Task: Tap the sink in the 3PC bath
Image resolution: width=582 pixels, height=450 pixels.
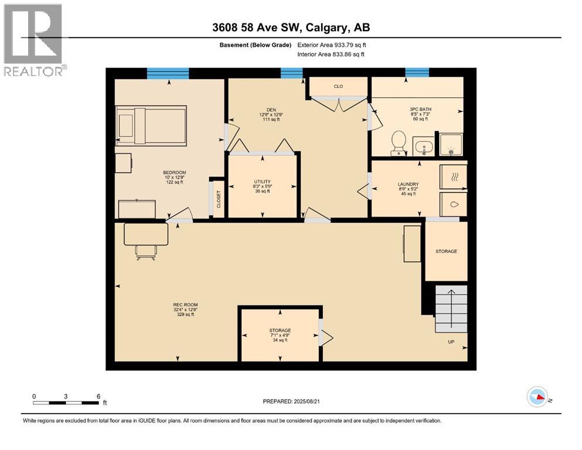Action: pos(423,145)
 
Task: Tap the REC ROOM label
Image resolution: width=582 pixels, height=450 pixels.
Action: pos(185,309)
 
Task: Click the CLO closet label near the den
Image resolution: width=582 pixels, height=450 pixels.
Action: pos(338,87)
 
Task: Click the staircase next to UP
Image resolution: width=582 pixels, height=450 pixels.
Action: pos(451,309)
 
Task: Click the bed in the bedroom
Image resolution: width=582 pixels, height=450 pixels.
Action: pos(151,124)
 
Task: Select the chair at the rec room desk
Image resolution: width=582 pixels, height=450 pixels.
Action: pos(146,251)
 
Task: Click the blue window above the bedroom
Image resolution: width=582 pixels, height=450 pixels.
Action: pos(168,73)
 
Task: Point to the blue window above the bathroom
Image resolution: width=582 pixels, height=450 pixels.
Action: pos(417,72)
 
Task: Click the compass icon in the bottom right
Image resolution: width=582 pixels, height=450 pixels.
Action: pos(537,397)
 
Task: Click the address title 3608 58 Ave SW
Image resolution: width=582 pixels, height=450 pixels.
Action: pos(291,28)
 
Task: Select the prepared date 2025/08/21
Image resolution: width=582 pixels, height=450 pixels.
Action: pos(292,401)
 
